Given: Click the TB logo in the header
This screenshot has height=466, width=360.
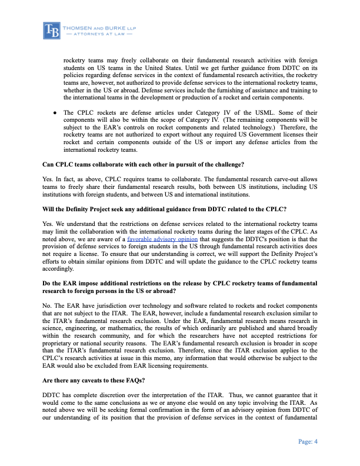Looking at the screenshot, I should click(52, 30).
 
